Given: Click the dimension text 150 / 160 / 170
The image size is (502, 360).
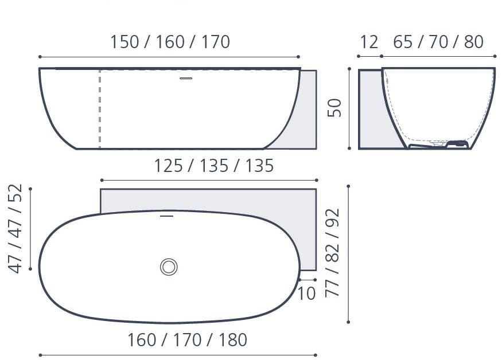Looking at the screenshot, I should pos(170,42).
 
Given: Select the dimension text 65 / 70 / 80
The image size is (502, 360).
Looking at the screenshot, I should pos(438,42).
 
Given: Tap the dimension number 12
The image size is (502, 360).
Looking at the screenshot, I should pos(369,42).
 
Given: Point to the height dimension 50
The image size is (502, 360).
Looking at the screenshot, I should pos(334,108).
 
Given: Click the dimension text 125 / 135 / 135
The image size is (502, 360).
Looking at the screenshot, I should pos(213,166).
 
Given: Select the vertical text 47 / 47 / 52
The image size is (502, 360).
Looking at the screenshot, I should pos(15,228).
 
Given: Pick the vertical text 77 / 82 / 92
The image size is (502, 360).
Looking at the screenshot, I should pos(333,252).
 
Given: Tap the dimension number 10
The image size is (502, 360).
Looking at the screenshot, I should pos(306,294).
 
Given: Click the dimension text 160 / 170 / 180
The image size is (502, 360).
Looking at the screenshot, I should pos(187,340).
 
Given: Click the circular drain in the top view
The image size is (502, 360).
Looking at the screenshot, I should pos(169,267).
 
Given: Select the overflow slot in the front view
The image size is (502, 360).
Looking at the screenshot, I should pos(186,78).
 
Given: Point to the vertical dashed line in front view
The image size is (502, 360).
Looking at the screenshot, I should pos(100,109).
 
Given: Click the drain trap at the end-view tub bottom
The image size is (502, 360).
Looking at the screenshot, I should pos(457,144).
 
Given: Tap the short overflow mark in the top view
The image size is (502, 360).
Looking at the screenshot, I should pos(166,216).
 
